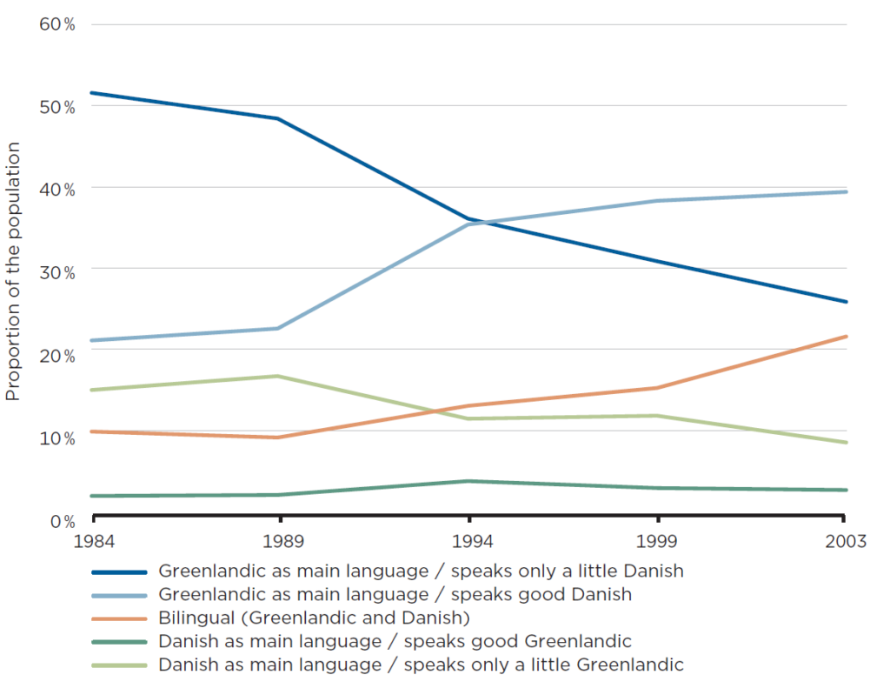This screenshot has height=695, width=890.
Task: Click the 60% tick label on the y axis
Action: [x=57, y=23]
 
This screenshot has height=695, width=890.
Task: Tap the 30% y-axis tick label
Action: [x=57, y=272]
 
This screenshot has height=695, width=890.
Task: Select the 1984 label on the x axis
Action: [x=91, y=542]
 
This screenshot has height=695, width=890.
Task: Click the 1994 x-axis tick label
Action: [x=469, y=542]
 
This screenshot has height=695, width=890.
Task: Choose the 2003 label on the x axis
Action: [x=846, y=542]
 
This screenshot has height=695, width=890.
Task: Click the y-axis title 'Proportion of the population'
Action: [x=13, y=271]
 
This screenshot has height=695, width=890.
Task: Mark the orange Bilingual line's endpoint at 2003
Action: [x=847, y=337]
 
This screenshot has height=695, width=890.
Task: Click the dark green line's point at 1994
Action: [x=469, y=481]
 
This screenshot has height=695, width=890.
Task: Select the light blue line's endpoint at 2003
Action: [x=847, y=191]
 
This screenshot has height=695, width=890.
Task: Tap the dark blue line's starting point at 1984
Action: [x=91, y=92]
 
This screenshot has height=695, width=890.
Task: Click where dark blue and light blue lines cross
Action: [x=475, y=222]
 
